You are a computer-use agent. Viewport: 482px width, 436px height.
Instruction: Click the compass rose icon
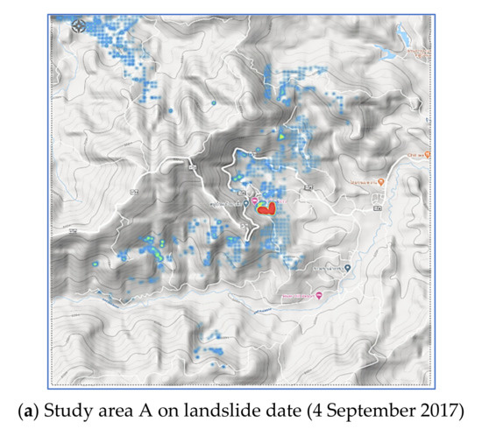79,25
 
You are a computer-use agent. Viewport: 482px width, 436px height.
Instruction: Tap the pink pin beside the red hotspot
256,201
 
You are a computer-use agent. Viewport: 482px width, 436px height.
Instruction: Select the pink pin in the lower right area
319,296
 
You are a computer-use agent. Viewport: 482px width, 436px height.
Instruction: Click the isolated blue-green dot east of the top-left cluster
213,103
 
